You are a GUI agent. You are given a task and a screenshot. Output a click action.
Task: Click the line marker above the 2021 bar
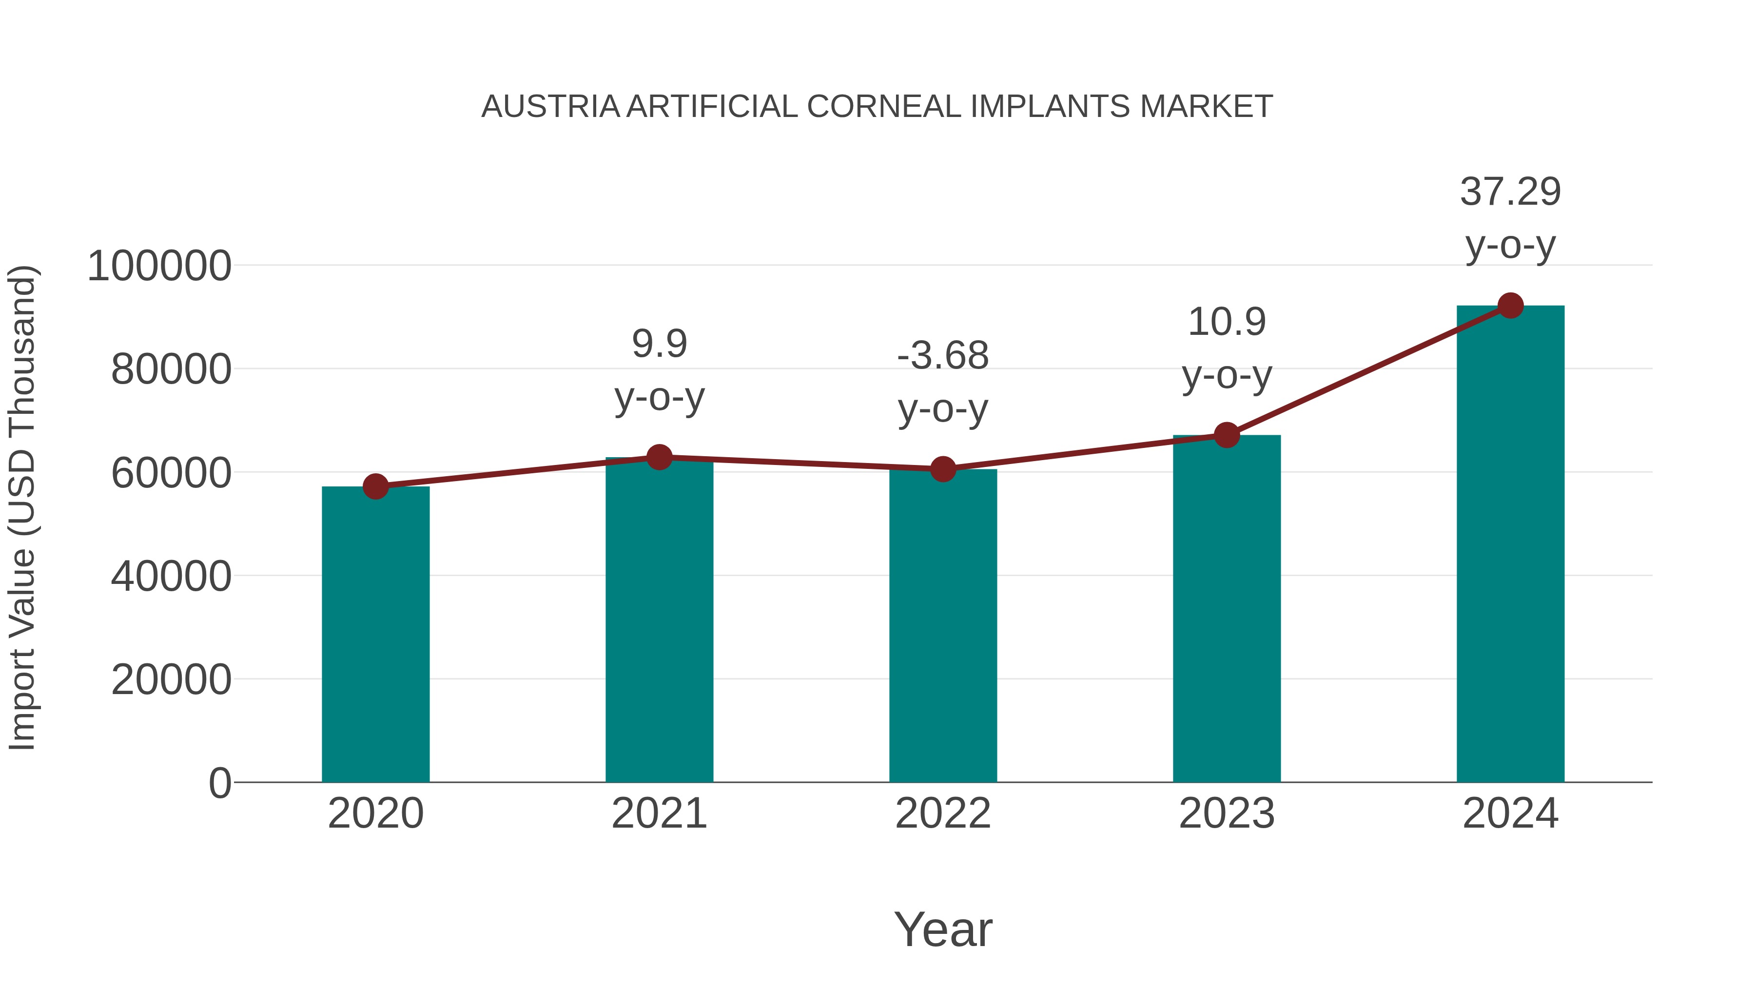660,457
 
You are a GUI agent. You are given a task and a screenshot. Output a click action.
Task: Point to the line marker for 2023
1227,435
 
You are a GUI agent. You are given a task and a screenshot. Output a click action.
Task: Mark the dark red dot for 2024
1510,306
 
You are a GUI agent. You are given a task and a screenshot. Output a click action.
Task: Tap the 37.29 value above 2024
1510,192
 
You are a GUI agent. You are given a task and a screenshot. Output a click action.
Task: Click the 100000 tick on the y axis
159,266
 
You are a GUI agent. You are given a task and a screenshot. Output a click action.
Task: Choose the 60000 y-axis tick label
171,473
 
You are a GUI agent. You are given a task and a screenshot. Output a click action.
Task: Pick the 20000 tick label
171,680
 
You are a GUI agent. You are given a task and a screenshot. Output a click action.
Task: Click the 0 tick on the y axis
220,783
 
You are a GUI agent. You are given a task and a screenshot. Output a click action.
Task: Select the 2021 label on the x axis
660,813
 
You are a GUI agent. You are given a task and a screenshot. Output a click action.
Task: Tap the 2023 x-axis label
1227,813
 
